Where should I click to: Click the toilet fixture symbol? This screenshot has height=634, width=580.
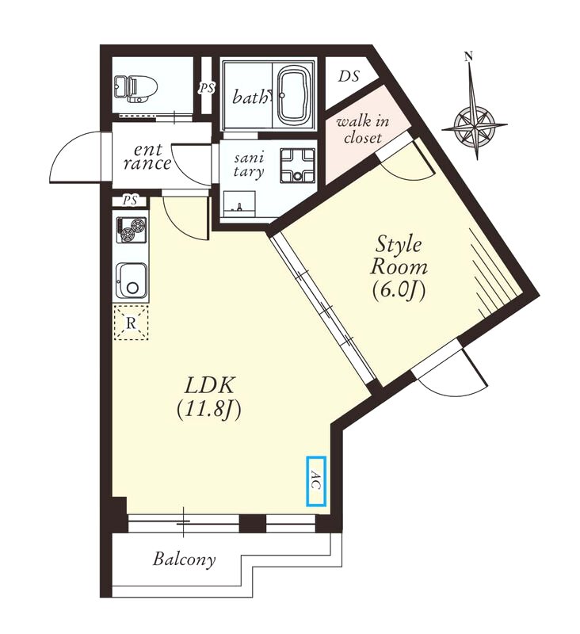(134, 88)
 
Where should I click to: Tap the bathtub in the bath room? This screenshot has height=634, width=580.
(295, 96)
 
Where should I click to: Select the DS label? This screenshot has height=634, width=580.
(349, 76)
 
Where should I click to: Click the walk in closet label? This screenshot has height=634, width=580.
(363, 129)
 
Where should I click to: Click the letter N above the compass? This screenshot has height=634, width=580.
(469, 56)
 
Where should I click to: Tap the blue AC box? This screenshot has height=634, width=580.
(315, 481)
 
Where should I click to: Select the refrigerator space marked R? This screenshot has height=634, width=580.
(131, 323)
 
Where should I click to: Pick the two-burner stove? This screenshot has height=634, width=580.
(131, 230)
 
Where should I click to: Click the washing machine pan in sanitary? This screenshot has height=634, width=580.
(297, 165)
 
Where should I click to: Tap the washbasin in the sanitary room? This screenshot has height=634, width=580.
(239, 204)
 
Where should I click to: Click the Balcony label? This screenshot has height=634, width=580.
(184, 560)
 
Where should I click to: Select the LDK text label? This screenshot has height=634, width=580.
(209, 385)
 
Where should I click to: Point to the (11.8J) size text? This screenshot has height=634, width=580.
(209, 410)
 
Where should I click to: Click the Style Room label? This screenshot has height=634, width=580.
(399, 255)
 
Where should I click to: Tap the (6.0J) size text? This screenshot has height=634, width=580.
(399, 289)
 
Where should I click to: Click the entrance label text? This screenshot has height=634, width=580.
(147, 157)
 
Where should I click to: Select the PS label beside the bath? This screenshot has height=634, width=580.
(207, 88)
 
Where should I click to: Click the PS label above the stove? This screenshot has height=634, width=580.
(130, 201)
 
